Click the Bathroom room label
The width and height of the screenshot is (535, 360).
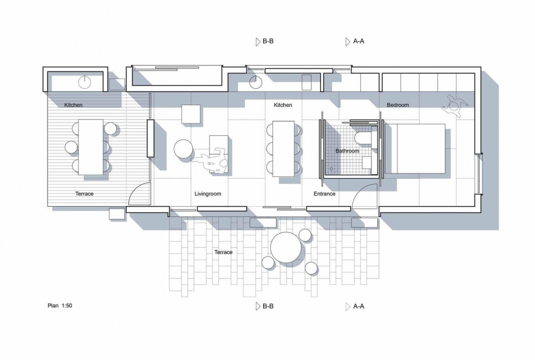[347, 151]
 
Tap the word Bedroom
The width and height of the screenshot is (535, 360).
[397, 105]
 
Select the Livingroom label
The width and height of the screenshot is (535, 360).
[207, 194]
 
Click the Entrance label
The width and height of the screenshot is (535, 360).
[324, 194]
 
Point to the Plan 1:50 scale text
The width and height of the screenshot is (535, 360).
[60, 306]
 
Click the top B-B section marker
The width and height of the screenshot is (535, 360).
[264, 41]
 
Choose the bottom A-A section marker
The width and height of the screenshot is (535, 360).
[355, 306]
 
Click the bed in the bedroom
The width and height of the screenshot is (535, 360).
[415, 149]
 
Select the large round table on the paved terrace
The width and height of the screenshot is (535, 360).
[286, 247]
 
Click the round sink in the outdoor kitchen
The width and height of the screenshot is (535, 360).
[84, 82]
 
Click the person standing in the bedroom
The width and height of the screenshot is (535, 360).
[454, 106]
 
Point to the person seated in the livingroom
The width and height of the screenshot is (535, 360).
[212, 160]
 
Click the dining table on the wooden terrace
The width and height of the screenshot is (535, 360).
[91, 147]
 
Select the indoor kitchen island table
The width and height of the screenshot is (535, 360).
[283, 149]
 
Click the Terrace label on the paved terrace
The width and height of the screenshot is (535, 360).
[223, 252]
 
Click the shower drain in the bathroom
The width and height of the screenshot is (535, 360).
[331, 169]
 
